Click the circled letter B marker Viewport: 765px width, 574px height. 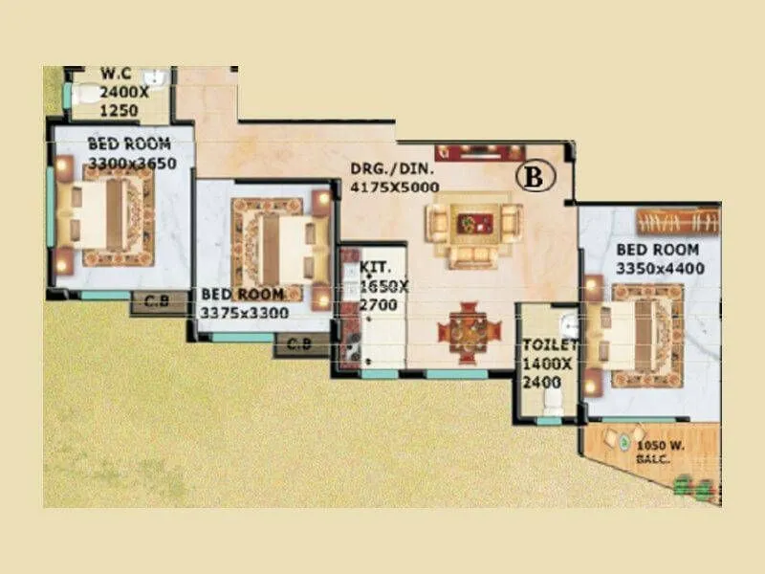535,176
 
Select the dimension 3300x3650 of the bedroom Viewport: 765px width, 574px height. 129,164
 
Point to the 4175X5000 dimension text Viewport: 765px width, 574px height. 395,188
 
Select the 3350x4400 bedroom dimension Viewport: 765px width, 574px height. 661,269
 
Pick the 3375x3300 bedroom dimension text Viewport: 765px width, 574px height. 244,312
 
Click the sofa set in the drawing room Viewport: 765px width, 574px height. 474,231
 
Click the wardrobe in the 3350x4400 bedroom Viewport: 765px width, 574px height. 676,223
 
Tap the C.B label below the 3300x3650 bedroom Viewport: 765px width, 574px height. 157,303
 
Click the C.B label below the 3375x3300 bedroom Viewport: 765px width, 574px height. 299,344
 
